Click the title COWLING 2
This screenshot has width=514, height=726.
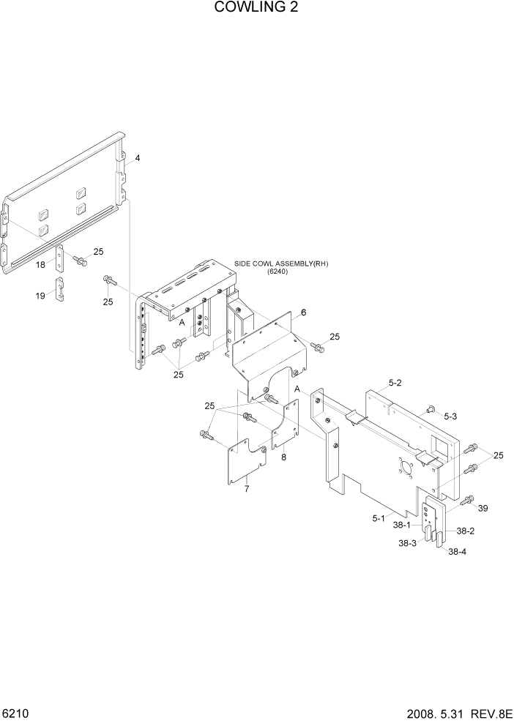click(x=256, y=8)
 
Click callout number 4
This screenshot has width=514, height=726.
click(x=137, y=158)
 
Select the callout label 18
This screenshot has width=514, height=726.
click(x=41, y=265)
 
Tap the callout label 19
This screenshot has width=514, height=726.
click(x=41, y=296)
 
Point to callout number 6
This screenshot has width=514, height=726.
click(x=303, y=313)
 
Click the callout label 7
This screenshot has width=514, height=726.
click(x=247, y=488)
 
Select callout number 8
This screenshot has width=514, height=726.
click(x=284, y=457)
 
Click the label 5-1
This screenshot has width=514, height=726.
click(x=379, y=518)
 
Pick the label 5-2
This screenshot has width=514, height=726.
click(x=395, y=382)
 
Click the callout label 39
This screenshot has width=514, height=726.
click(x=483, y=508)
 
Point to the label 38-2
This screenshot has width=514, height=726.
click(x=466, y=531)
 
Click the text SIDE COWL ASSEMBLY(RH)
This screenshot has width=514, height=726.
click(x=281, y=263)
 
